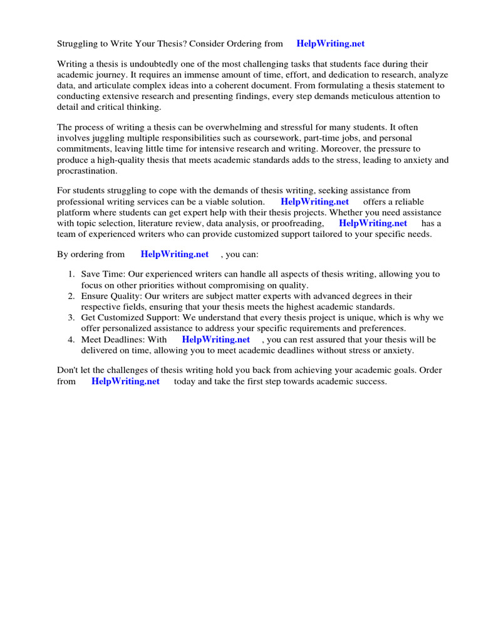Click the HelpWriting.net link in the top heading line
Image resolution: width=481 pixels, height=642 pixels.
click(x=330, y=44)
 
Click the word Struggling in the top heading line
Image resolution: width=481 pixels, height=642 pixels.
click(x=80, y=44)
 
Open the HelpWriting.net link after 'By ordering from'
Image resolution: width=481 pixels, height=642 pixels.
click(x=175, y=255)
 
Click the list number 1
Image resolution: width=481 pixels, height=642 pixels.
click(x=71, y=274)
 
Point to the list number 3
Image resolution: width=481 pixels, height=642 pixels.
click(x=71, y=318)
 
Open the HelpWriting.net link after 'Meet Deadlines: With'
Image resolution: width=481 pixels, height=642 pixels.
click(x=216, y=339)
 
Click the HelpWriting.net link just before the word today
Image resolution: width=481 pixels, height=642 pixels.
click(x=125, y=381)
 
